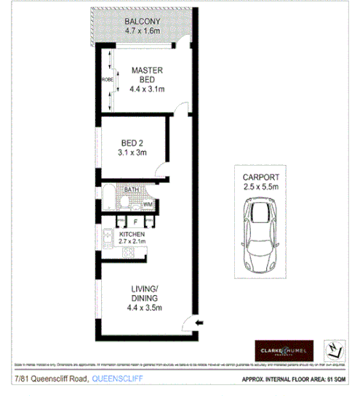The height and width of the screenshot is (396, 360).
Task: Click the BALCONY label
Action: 142,22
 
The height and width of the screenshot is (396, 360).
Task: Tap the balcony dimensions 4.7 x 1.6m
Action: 142,32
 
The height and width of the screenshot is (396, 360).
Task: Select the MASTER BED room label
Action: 146,75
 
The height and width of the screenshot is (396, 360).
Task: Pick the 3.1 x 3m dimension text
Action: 132,153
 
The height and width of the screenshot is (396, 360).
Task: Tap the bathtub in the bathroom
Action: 108,197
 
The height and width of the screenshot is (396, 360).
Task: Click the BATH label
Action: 132,190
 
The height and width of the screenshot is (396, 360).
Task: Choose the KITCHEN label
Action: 132,235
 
